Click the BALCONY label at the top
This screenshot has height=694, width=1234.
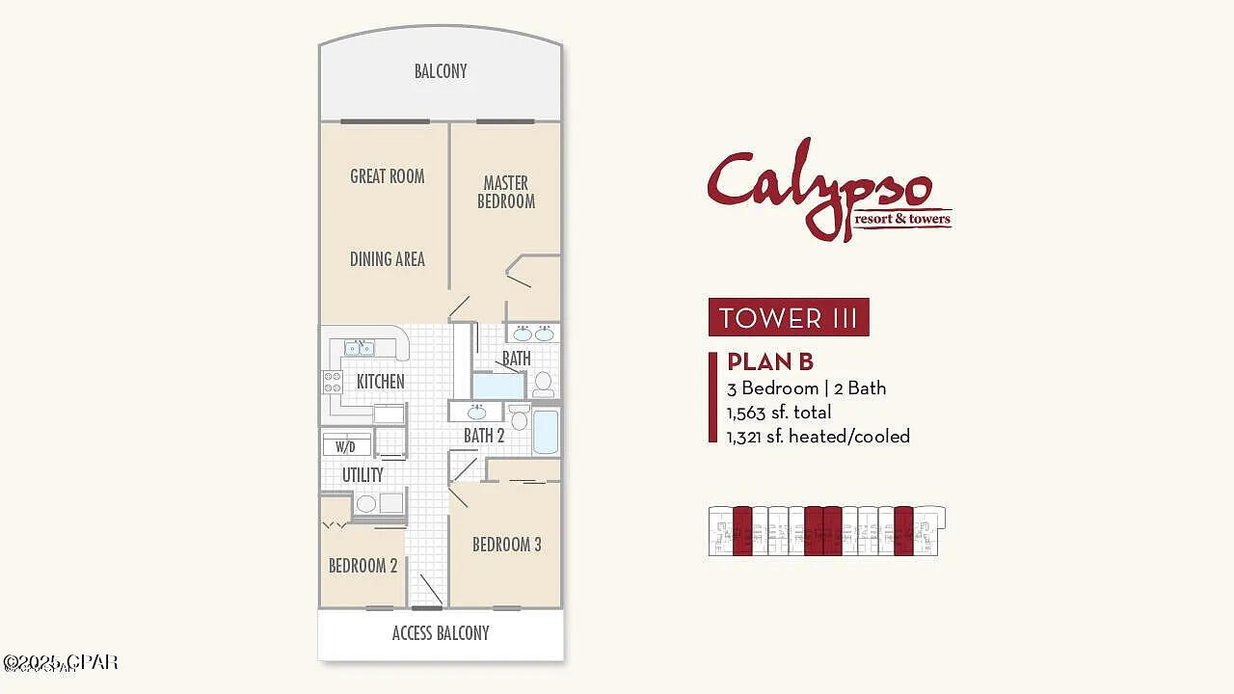point(441,71)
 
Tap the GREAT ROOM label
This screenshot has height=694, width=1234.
point(387,176)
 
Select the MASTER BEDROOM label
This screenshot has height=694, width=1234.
point(506,192)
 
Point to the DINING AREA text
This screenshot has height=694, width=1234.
point(387,258)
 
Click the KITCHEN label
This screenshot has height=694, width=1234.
point(380,382)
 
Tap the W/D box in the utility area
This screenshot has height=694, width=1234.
point(345,446)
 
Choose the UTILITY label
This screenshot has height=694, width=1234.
point(362,474)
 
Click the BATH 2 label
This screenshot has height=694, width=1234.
point(484,436)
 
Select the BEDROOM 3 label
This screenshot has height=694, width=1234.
point(506,545)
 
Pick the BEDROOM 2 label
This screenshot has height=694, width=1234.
point(362,566)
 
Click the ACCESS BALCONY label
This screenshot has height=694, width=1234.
point(441,633)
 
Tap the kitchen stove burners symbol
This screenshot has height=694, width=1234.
point(332,382)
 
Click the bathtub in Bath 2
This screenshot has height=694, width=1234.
point(546,432)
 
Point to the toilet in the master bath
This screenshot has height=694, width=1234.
point(544,384)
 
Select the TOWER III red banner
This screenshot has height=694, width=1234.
point(789,317)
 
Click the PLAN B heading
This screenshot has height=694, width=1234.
point(770,361)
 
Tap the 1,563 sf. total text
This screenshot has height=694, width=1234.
point(779,413)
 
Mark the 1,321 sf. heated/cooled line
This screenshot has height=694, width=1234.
point(818,436)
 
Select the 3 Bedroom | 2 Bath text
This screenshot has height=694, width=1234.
point(806,388)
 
